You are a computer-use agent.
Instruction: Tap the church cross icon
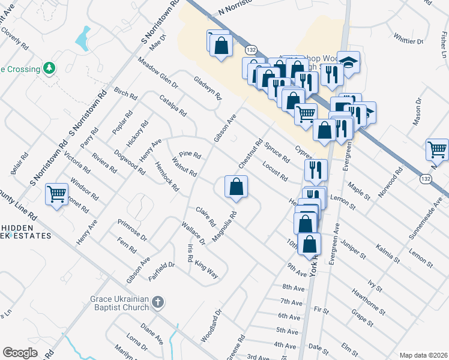tap(157, 302)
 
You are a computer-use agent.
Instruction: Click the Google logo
tap(20, 353)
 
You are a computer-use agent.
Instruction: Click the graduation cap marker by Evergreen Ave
tap(347, 62)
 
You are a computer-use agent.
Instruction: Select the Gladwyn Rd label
tap(208, 88)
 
